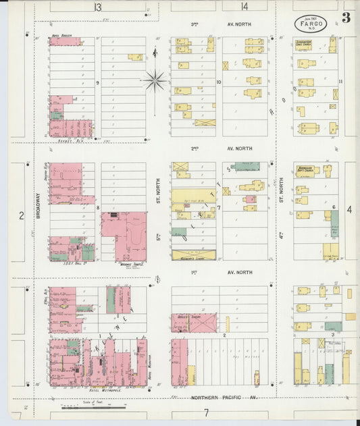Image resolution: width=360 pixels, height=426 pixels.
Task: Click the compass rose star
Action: point(155,81)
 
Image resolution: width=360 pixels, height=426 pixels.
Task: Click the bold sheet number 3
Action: point(345,18)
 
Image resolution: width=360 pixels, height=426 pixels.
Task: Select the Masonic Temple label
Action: point(126,264)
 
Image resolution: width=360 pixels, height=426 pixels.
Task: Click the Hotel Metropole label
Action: point(104,390)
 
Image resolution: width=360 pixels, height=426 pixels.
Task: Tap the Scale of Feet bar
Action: point(86,407)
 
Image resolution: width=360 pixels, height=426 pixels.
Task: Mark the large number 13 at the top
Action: point(98,7)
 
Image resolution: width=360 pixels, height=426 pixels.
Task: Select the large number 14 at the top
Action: point(244,7)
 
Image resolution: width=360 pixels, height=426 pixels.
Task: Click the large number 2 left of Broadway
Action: point(21,215)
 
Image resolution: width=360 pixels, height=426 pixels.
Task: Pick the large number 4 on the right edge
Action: point(349,210)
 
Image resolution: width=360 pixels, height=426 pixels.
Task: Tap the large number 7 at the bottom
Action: point(207,412)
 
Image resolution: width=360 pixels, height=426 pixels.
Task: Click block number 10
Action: point(219,82)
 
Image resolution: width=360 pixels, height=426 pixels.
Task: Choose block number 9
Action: point(98,82)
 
